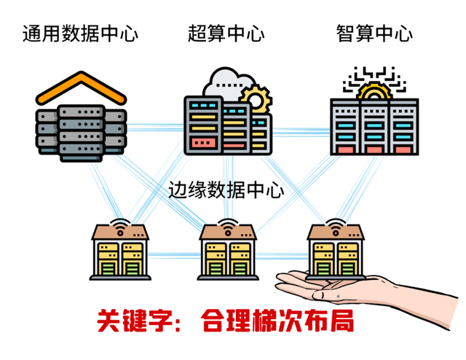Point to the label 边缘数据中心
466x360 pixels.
tap(226, 190)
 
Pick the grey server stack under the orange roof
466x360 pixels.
tap(81, 131)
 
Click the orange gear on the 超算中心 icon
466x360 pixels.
tap(256, 99)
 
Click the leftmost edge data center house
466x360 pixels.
tap(119, 251)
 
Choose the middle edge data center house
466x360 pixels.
tap(229, 251)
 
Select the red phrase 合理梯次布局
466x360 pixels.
tap(277, 321)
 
